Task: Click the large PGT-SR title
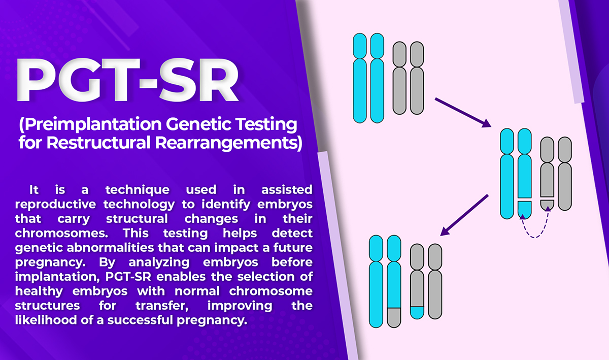point(128,80)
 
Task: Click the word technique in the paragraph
point(138,190)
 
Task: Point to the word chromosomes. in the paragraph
point(61,233)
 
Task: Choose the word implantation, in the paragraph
point(57,277)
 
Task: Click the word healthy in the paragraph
point(39,291)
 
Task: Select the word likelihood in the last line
point(46,320)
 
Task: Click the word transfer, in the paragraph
point(162,306)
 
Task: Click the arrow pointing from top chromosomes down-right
point(463,112)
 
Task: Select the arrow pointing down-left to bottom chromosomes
point(464,215)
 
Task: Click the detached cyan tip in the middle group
point(524,209)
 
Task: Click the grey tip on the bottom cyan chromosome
point(394,317)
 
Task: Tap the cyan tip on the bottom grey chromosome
point(417,313)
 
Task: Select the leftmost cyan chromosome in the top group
point(360,78)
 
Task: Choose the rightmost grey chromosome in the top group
point(417,78)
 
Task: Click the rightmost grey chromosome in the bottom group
point(435,281)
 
